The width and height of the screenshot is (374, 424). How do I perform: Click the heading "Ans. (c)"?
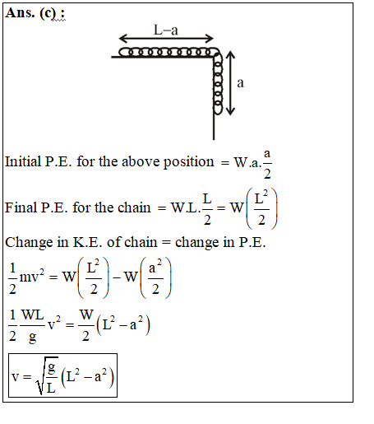pyautogui.click(x=31, y=13)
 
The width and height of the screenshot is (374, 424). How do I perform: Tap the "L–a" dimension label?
pyautogui.click(x=166, y=30)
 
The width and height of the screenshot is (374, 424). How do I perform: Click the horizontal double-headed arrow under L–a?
pyautogui.click(x=166, y=39)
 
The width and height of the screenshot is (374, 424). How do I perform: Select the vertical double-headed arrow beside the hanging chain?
pyautogui.click(x=230, y=83)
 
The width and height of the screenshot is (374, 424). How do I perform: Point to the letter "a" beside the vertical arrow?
pyautogui.click(x=240, y=83)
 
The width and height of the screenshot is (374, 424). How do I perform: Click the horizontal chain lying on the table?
pyautogui.click(x=168, y=52)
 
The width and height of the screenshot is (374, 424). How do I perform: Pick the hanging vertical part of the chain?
pyautogui.click(x=218, y=84)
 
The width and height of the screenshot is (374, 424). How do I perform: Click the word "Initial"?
pyautogui.click(x=23, y=161)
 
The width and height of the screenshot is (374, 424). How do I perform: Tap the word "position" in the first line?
pyautogui.click(x=188, y=162)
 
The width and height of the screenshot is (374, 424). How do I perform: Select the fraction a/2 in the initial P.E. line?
pyautogui.click(x=267, y=164)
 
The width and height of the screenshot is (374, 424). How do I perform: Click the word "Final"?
pyautogui.click(x=21, y=207)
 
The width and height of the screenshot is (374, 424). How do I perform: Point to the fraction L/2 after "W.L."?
pyautogui.click(x=207, y=209)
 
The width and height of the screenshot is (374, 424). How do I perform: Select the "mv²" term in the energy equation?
pyautogui.click(x=31, y=276)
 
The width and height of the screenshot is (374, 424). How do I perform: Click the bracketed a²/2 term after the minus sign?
pyautogui.click(x=155, y=277)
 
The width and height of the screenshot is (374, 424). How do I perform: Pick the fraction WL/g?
pyautogui.click(x=33, y=326)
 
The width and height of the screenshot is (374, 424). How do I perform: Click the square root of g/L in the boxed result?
pyautogui.click(x=47, y=375)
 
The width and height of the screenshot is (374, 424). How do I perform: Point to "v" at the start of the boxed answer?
pyautogui.click(x=15, y=377)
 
